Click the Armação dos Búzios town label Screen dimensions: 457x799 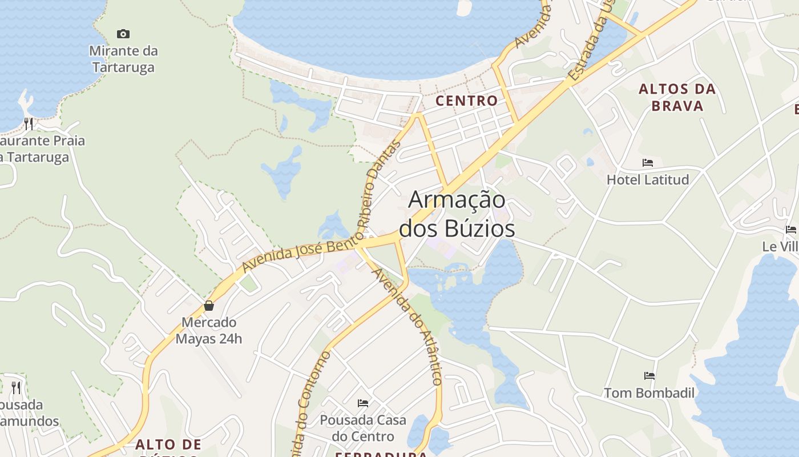coord(457,214)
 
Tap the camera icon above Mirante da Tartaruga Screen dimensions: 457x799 coord(123,34)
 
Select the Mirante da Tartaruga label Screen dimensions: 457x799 coord(123,59)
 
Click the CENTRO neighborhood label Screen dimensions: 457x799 coord(466,101)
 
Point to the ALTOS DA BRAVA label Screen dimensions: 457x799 coord(677,97)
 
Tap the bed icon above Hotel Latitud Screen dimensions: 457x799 coord(647,163)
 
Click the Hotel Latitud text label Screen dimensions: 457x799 coord(647,179)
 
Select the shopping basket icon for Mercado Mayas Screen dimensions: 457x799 coord(209,306)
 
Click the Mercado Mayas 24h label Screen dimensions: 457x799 coord(209,330)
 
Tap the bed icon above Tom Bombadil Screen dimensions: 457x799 coord(649,376)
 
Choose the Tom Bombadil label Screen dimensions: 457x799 coord(649,393)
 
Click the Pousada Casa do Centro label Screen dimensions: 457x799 coord(363,428)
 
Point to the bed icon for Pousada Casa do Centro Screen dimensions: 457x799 coord(363,403)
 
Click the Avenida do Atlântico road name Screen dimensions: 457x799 coord(407,327)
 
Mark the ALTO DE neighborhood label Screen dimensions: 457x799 coord(168,444)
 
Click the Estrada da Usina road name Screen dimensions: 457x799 coord(588,49)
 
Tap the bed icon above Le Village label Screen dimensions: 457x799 coord(790,230)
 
